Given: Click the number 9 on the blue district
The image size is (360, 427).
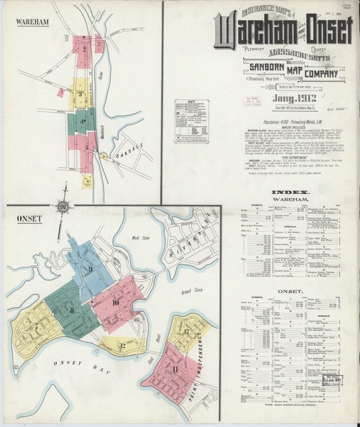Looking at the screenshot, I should [x=90, y=269].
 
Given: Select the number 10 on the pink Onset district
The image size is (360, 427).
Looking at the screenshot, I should [x=116, y=302].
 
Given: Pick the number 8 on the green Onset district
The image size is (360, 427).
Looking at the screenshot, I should [x=72, y=310].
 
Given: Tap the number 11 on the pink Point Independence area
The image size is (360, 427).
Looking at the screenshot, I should [x=174, y=369].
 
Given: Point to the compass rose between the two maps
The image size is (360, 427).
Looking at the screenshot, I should [x=63, y=207].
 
